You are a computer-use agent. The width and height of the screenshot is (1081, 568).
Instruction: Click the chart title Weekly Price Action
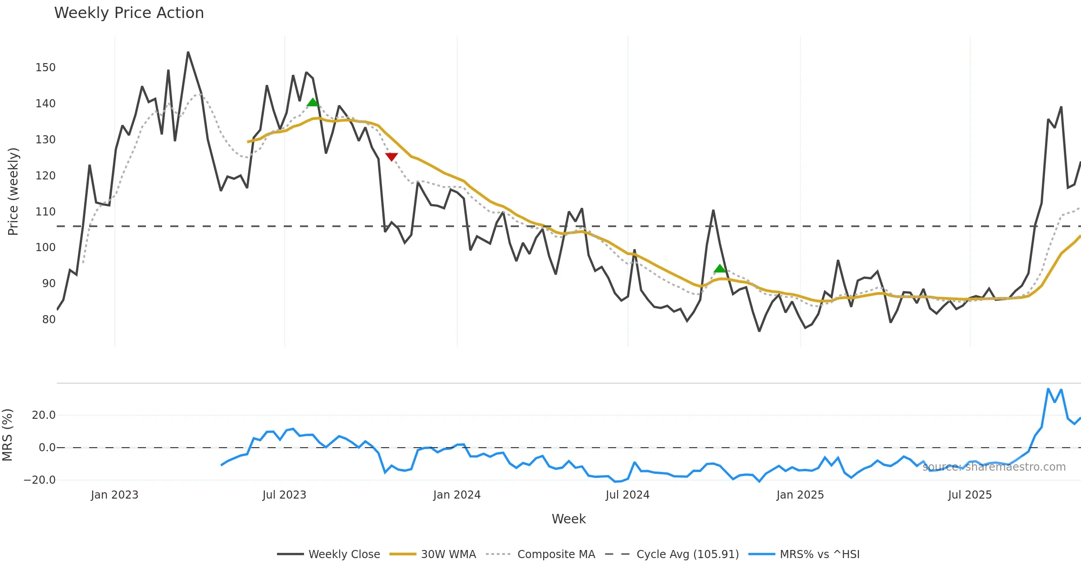129,13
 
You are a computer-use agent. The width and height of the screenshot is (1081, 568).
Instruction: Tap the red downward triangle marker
391,156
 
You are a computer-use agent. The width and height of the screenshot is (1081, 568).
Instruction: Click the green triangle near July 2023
313,103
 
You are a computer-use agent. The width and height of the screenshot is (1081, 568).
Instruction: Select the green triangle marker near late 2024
720,269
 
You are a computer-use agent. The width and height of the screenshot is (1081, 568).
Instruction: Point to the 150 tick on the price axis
45,68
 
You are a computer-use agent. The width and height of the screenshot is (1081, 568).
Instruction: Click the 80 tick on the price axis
49,320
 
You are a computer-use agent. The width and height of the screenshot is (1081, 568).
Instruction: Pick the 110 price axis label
45,212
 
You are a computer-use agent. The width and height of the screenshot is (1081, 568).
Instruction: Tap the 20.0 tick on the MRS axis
44,415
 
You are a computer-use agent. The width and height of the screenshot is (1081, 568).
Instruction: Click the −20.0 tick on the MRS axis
40,480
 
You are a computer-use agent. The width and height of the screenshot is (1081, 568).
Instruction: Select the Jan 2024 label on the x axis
457,495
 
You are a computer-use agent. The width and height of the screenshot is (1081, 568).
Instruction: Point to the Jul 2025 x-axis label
970,495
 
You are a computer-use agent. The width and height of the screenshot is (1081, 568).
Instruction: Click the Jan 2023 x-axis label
114,495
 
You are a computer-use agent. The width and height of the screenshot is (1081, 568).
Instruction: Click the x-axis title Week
568,519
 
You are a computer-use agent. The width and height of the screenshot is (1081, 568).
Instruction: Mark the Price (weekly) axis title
13,192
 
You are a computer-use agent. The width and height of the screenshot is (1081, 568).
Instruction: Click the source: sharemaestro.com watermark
994,467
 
